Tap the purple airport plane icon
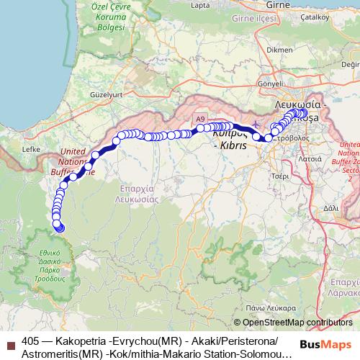point(258,127)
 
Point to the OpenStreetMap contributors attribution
point(297,323)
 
